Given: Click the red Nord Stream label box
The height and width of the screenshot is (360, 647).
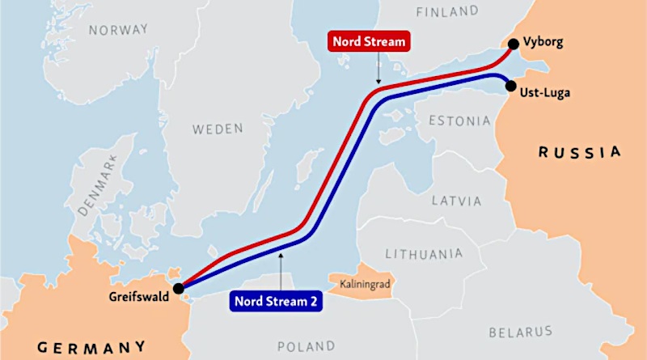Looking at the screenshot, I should coord(367,42).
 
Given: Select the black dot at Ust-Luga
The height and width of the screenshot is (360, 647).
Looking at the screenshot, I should coord(510,86).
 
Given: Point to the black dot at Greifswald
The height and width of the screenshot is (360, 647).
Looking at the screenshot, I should coord(178,287).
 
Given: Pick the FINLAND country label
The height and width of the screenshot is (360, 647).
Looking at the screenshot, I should coord(447,12).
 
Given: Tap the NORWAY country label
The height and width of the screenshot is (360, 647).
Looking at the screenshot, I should coord(119,30).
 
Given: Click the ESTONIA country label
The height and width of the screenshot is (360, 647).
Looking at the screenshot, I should coord(459,121).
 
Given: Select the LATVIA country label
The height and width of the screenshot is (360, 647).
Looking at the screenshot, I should coord(455,200).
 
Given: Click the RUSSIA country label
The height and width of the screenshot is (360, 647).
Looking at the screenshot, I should coord(580,152).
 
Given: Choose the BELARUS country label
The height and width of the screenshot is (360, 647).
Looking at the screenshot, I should coord(521,332).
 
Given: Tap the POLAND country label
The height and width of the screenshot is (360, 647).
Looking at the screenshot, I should coord(306,346).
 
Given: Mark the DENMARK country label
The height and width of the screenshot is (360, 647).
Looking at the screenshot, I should coord(99,188).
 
